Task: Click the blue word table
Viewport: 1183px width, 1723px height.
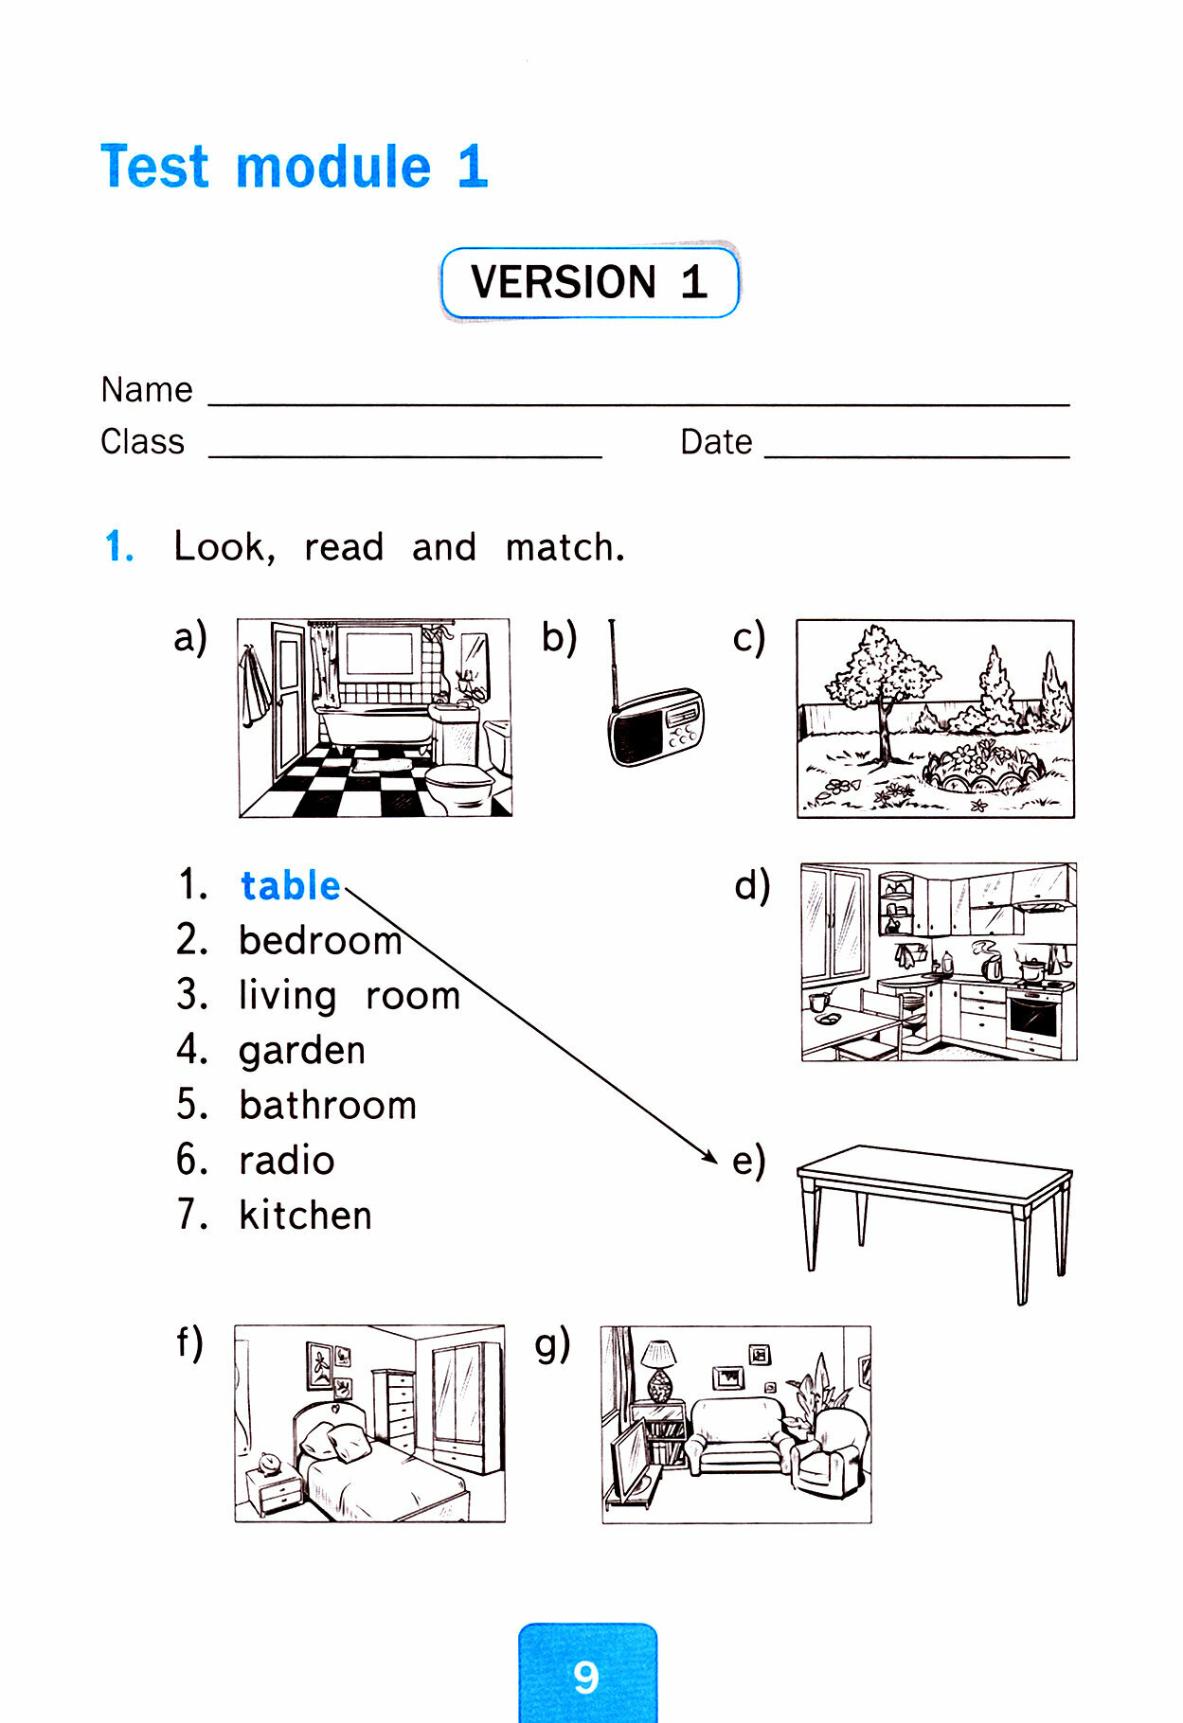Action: point(290,886)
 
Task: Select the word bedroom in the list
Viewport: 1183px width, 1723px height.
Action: point(320,941)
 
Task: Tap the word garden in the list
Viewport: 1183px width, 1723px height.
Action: point(301,1051)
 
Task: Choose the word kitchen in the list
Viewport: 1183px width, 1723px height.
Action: point(305,1216)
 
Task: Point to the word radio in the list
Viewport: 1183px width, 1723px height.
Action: point(286,1161)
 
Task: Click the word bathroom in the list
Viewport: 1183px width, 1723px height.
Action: point(328,1106)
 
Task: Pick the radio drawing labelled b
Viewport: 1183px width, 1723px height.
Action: point(655,725)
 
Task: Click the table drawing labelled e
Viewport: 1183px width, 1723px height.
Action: point(935,1212)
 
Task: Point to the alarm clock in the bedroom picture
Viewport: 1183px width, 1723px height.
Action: point(270,1464)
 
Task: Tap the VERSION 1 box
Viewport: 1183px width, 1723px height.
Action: point(589,282)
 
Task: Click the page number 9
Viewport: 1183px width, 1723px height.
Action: point(586,1678)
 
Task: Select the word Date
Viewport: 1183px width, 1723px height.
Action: point(716,442)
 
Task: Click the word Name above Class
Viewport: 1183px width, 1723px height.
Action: point(147,390)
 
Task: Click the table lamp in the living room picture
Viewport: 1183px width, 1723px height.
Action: point(659,1368)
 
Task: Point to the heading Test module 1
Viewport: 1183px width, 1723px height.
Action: point(295,168)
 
